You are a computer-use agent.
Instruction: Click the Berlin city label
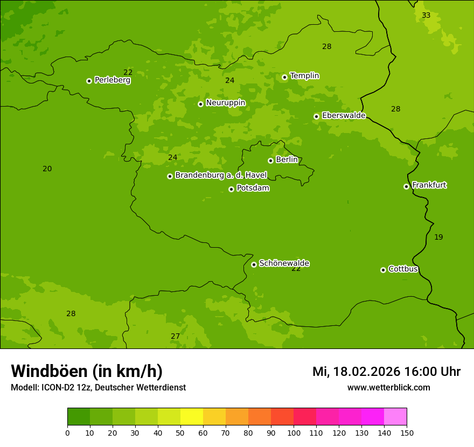point(287,160)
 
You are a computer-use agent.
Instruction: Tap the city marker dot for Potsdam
point(231,189)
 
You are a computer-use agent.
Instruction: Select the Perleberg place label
point(113,80)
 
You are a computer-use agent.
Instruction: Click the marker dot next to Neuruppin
point(200,104)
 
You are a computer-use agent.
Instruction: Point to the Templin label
point(304,76)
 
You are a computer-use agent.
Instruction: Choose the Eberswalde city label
point(344,116)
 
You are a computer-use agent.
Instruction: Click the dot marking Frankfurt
point(406,186)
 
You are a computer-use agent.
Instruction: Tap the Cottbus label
point(403,269)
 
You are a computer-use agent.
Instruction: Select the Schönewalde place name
point(284,263)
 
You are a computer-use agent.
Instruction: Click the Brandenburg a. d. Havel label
point(221,176)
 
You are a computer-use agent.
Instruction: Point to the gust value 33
point(426,16)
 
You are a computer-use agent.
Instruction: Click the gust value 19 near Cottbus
point(438,238)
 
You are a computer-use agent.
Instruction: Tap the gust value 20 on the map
point(47,169)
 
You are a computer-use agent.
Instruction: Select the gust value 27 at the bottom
point(176,337)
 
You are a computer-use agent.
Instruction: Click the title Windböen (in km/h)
point(87,371)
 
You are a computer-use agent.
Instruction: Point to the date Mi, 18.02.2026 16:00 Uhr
point(386,372)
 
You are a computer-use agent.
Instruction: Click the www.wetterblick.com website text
point(388,388)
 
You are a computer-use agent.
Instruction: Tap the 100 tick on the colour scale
point(294,433)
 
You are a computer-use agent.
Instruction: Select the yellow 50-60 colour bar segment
point(192,417)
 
